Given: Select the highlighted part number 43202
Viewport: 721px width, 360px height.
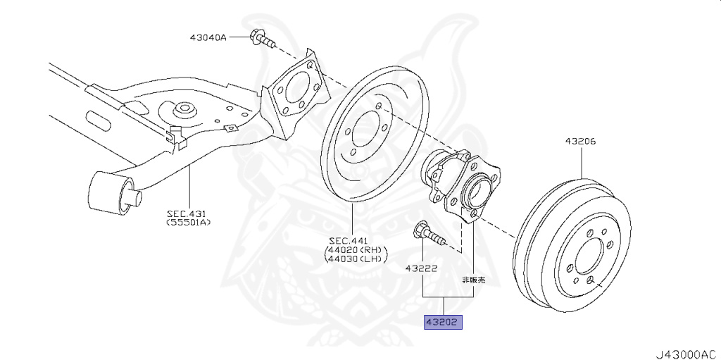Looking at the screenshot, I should pyautogui.click(x=441, y=323).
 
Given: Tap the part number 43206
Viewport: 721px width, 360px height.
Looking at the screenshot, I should pyautogui.click(x=580, y=142).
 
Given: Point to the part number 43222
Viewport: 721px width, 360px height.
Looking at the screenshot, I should pyautogui.click(x=421, y=268).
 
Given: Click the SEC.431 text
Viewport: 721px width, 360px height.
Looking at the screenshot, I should pyautogui.click(x=188, y=213).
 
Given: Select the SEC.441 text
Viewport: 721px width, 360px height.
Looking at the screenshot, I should pyautogui.click(x=352, y=240).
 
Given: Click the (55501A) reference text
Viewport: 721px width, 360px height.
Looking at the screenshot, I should pyautogui.click(x=188, y=223).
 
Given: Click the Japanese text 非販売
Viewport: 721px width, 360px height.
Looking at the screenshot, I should pyautogui.click(x=473, y=280).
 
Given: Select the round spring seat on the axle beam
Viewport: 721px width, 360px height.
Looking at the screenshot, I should pyautogui.click(x=185, y=111).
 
